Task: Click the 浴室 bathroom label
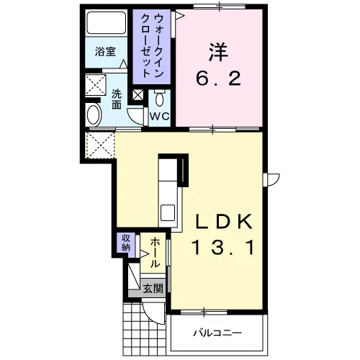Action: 105,52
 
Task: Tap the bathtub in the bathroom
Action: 106,23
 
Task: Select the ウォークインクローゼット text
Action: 152,45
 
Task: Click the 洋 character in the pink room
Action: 218,53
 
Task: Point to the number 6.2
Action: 218,78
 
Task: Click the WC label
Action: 160,117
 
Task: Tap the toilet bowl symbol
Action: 159,99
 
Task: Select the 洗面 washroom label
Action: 117,99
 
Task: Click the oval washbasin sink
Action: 94,114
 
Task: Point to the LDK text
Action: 224,221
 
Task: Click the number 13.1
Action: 222,248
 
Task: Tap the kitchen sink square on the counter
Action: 168,212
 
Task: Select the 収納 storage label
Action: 126,243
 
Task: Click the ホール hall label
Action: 155,253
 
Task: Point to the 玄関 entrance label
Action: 153,288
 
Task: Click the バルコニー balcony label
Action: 218,333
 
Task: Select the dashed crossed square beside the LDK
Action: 100,145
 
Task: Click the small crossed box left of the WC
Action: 138,95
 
